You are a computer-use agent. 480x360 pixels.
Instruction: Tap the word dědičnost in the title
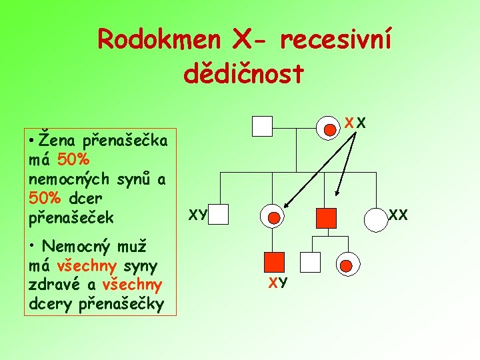[243, 74]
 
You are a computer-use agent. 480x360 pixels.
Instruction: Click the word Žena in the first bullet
[57, 141]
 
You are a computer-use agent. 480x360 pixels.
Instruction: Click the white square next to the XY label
[219, 215]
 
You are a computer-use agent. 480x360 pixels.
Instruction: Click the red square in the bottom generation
[274, 263]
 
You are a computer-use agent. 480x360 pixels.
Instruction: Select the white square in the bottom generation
[311, 263]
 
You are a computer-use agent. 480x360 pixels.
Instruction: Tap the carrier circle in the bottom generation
[347, 266]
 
